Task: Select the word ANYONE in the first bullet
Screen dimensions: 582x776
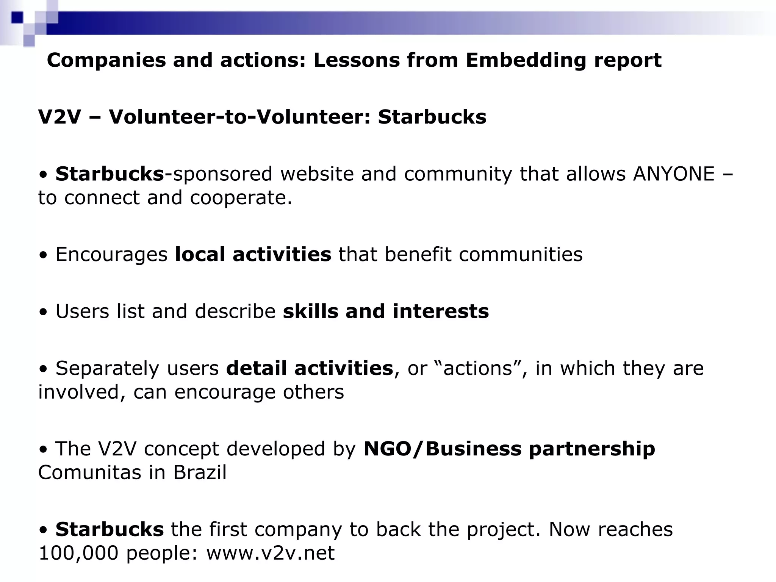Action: pyautogui.click(x=673, y=174)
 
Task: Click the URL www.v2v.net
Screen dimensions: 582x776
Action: pyautogui.click(x=270, y=553)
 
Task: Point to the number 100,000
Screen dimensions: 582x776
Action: pyautogui.click(x=78, y=553)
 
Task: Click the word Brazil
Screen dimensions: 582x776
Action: pyautogui.click(x=200, y=472)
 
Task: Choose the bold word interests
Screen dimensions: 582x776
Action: pyautogui.click(x=441, y=311)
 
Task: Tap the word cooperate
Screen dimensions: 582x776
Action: pyautogui.click(x=241, y=198)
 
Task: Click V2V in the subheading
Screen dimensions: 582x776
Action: pyautogui.click(x=59, y=117)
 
